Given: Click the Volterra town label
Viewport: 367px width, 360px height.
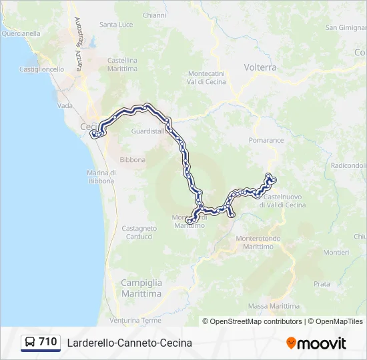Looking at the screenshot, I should [x=260, y=67].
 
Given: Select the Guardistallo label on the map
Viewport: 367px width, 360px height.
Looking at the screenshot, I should [x=148, y=131].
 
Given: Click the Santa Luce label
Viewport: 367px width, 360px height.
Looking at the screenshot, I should [x=116, y=25].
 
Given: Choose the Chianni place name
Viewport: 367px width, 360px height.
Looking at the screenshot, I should [x=154, y=15].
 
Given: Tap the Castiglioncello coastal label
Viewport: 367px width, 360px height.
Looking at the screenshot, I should [x=42, y=69].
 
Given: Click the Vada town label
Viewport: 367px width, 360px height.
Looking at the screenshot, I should [x=65, y=105].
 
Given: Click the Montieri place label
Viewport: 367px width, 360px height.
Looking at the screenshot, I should [x=336, y=252].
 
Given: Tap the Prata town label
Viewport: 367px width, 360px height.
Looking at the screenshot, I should [x=322, y=283].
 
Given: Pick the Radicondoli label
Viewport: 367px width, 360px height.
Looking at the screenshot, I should [x=348, y=165].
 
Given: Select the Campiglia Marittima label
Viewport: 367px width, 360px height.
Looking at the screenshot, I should [x=141, y=288].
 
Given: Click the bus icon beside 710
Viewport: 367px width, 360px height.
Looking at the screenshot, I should [x=30, y=343].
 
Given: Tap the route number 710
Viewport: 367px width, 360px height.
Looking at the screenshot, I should [x=48, y=342].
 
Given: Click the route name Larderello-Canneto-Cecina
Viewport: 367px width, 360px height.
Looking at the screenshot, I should [x=129, y=343].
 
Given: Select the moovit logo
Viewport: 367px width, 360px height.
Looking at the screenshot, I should [x=316, y=343].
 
